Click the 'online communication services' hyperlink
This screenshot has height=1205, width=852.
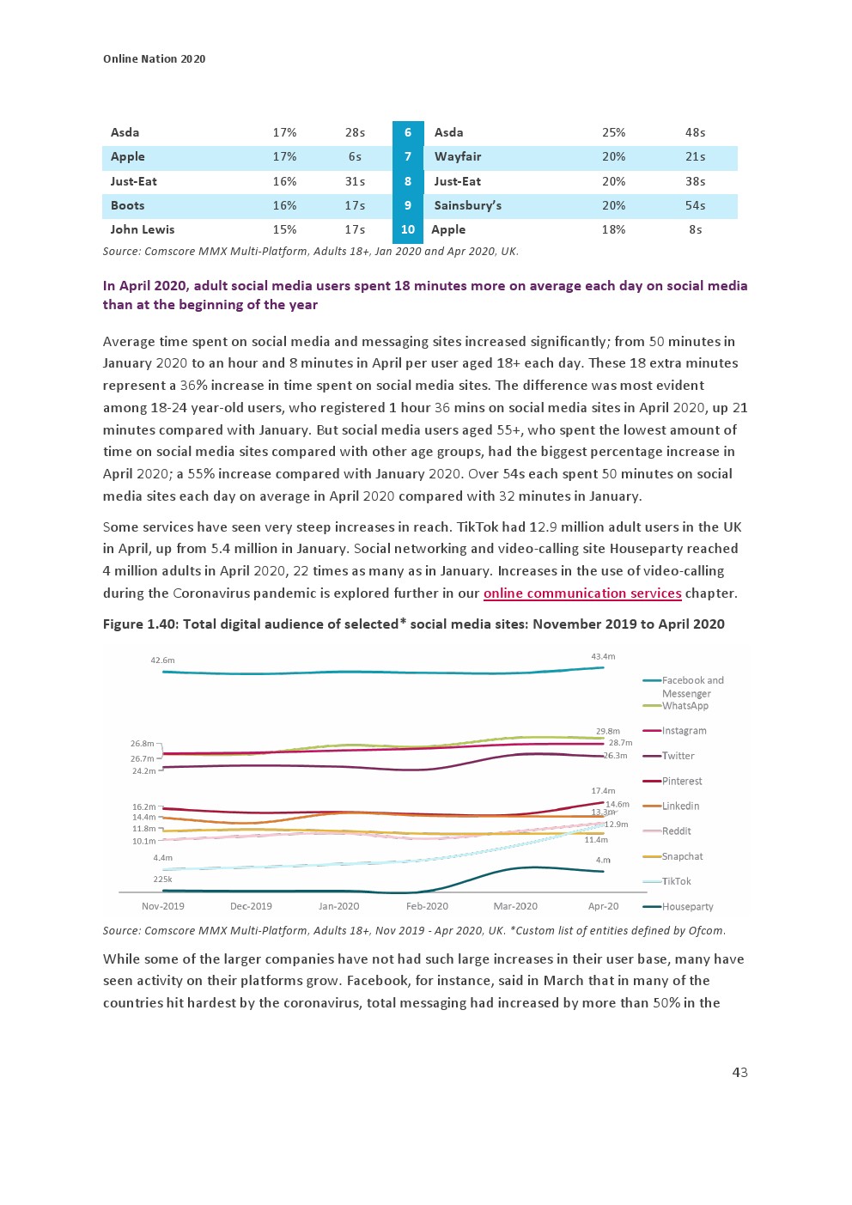[x=582, y=593]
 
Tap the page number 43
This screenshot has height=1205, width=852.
[x=739, y=1072]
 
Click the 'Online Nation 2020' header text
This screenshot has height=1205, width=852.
[x=155, y=58]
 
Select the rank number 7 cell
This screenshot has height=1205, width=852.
[x=408, y=157]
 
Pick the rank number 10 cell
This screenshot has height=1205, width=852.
[x=408, y=230]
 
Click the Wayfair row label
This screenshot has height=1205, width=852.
[x=458, y=157]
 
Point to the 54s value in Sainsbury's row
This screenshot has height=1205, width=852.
[x=695, y=206]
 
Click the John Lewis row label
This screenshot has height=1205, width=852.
[x=143, y=230]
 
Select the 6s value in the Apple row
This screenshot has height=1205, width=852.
[x=355, y=157]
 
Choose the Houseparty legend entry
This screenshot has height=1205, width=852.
[x=687, y=906]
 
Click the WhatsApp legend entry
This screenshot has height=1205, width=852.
[x=685, y=706]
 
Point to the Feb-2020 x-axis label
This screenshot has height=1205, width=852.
[x=427, y=906]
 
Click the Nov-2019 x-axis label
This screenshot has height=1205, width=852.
[x=163, y=906]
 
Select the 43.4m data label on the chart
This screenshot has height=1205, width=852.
[x=603, y=657]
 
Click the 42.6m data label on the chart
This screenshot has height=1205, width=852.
[x=162, y=660]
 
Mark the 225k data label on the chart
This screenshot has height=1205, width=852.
[x=162, y=879]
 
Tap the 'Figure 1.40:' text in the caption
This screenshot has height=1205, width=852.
[x=140, y=624]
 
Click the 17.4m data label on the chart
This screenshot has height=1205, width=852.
[x=603, y=791]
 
